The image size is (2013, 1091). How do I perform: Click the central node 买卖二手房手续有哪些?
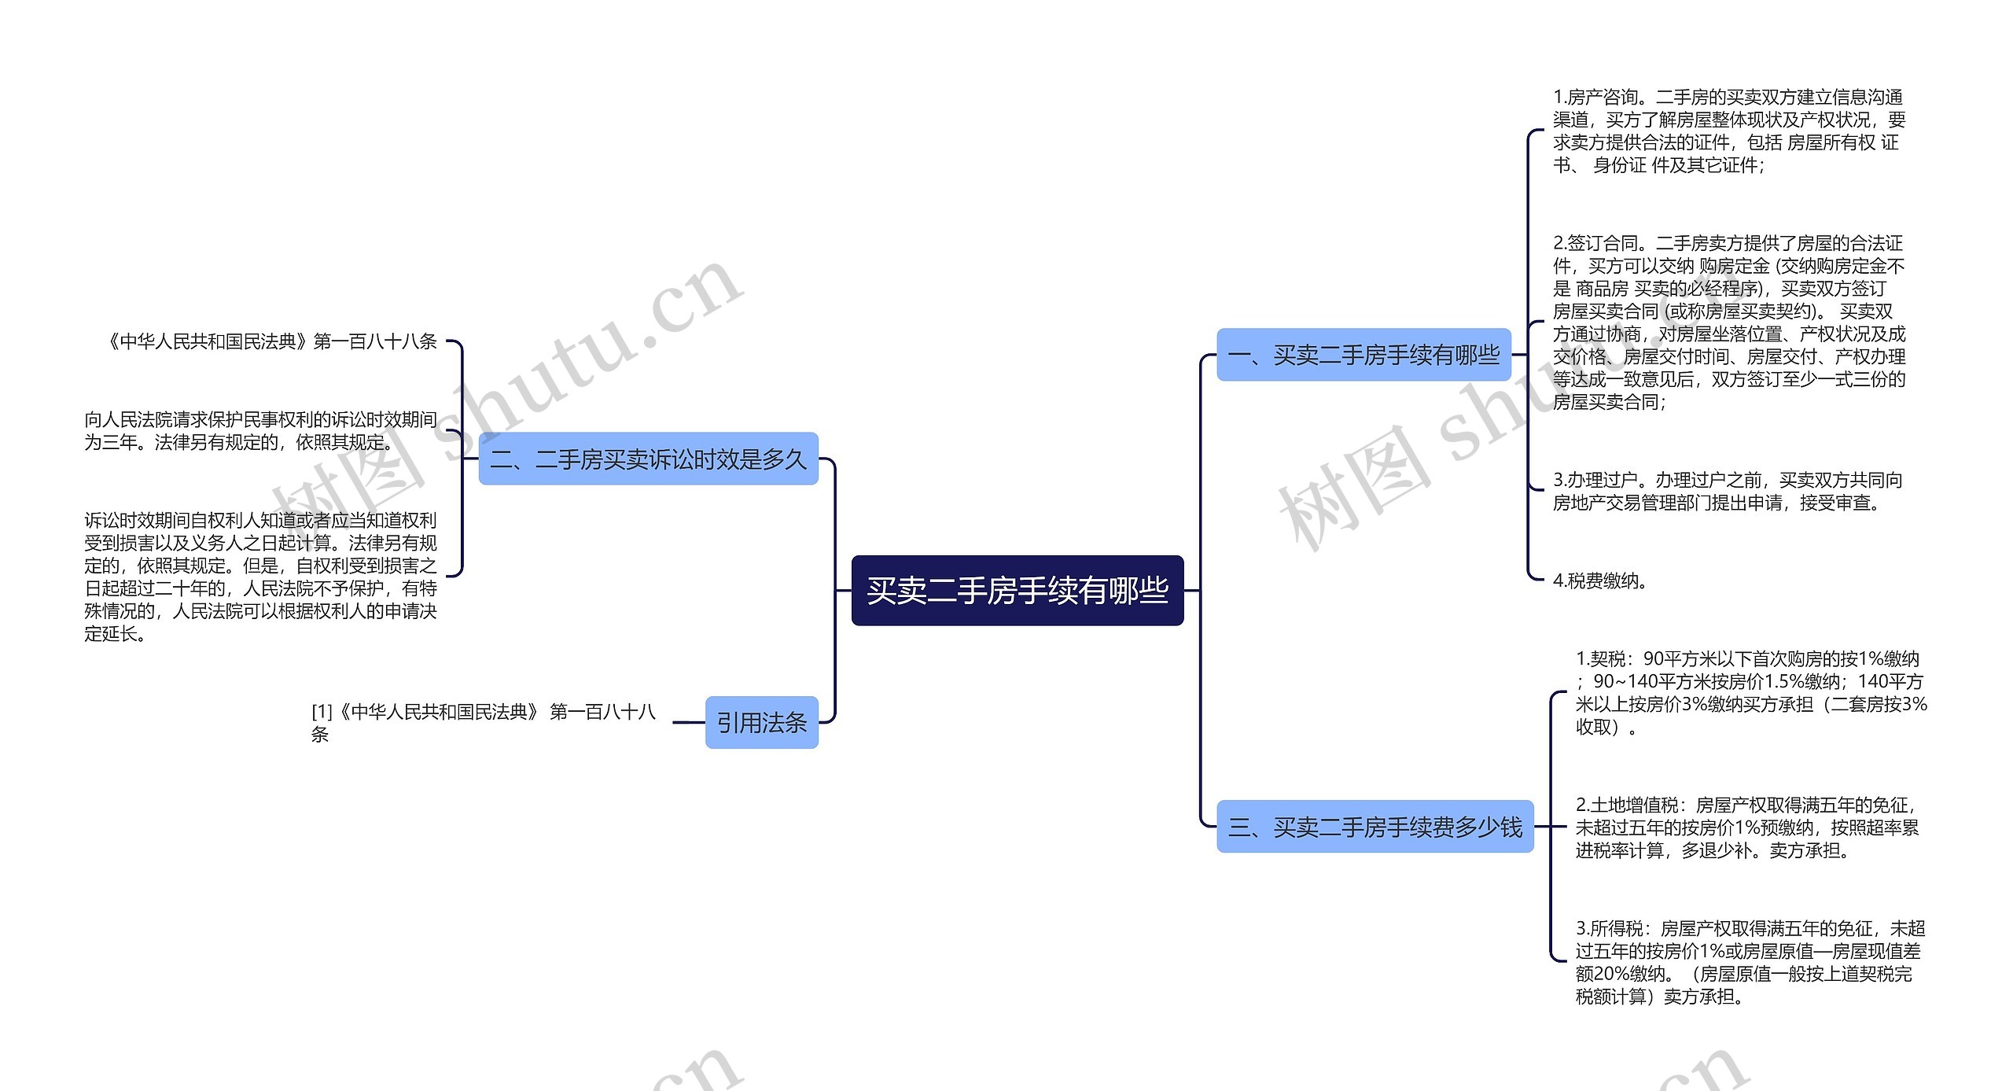coord(1017,590)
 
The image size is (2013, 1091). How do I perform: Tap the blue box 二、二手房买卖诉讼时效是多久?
coord(648,459)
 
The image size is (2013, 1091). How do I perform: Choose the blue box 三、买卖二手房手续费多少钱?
coord(1375,826)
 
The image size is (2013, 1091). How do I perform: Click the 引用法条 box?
coord(761,722)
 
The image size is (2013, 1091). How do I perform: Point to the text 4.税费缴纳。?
coord(1600,581)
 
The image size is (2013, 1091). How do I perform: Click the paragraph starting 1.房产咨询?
coord(1728,131)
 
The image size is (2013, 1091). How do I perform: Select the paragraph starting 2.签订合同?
coord(1728,322)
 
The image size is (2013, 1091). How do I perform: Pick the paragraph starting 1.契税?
coord(1750,692)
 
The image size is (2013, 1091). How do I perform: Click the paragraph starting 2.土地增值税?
coord(1747,827)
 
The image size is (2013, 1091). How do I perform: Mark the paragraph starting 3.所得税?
coord(1750,962)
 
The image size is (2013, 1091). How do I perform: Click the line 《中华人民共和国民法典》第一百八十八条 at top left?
coord(271,341)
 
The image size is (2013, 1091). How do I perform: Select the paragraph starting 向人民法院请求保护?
coord(260,430)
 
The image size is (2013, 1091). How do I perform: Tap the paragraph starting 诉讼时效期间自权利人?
coord(260,577)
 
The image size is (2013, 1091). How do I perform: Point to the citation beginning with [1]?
coord(483,722)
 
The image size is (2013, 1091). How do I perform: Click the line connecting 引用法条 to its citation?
coord(689,722)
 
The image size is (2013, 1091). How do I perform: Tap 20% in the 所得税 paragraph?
coord(1606,974)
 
